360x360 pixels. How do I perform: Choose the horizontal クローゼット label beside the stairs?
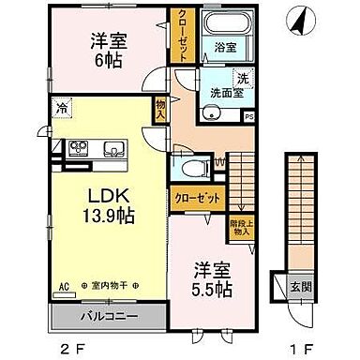coord(197,199)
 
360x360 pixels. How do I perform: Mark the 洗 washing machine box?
coord(241,78)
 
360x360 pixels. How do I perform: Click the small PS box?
coord(248,116)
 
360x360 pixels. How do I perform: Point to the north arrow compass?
coord(299,17)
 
